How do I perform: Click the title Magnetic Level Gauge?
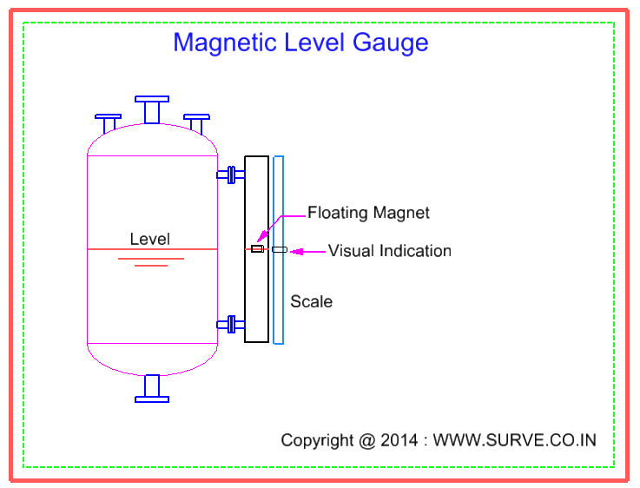point(300,42)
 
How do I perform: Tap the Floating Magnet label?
point(368,213)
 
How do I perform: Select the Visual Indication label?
point(389,251)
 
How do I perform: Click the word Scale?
point(311,302)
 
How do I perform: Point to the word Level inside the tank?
point(150,239)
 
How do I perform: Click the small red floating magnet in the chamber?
point(256,249)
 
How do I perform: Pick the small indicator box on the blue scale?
point(279,250)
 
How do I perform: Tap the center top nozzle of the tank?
point(152,109)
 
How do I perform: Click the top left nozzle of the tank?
point(109,122)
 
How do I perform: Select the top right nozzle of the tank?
point(197,122)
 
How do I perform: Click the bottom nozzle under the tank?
point(152,388)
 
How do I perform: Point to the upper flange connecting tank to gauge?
point(231,175)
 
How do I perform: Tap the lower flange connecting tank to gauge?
point(231,325)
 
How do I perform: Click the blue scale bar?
point(278,295)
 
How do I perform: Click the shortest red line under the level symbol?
point(151,265)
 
